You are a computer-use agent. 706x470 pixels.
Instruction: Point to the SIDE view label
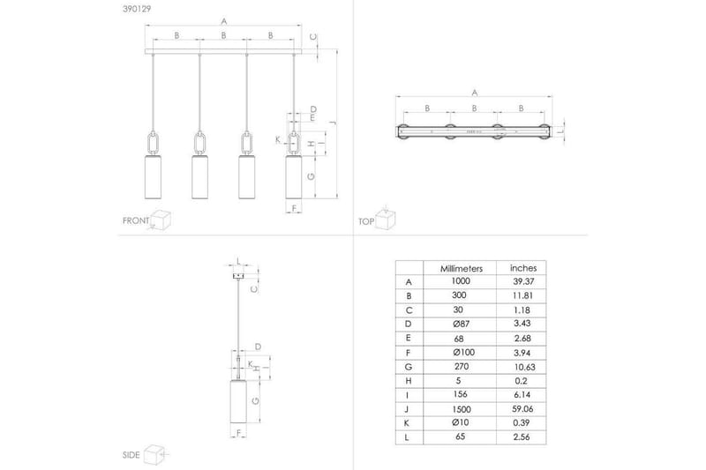pos(131,455)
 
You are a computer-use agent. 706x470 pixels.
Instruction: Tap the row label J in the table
pos(408,408)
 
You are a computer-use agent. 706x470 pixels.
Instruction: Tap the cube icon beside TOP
pos(385,218)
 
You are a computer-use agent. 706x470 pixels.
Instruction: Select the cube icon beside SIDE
pos(156,453)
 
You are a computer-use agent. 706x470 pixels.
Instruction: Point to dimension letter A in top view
pos(475,92)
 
